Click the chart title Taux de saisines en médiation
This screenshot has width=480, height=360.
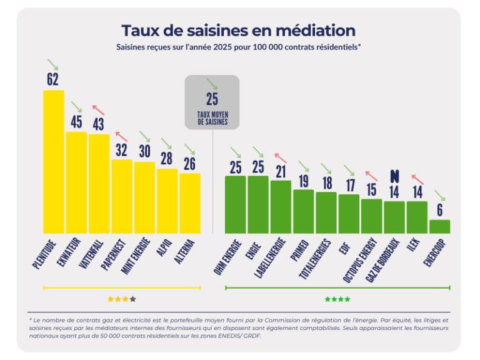tap(238, 31)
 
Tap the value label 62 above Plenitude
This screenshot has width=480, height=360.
tap(53, 79)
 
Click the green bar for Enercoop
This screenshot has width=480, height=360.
tap(439, 226)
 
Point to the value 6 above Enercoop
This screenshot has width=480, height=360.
tap(440, 210)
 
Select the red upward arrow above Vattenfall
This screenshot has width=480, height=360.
tap(98, 110)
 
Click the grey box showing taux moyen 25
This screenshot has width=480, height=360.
tap(212, 102)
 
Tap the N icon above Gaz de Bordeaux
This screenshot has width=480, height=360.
tap(394, 176)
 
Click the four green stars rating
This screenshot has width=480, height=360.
tap(337, 299)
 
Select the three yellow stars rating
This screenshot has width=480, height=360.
tap(122, 299)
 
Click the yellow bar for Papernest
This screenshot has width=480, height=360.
tap(121, 196)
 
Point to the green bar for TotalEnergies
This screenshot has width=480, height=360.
tap(326, 212)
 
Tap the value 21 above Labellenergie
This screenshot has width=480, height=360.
tap(281, 171)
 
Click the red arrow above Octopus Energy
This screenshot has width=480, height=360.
tap(371, 176)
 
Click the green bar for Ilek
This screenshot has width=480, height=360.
tap(417, 217)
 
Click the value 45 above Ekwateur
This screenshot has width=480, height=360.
tap(76, 121)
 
